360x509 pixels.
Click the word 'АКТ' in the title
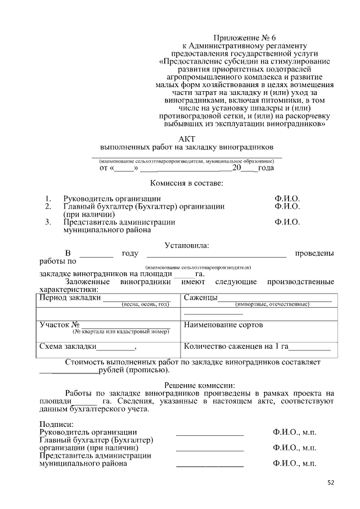coord(187,138)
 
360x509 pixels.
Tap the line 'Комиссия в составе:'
coord(187,183)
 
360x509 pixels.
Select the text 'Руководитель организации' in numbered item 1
coord(112,199)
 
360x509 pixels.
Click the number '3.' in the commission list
coord(48,222)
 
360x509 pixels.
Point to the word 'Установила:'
coord(187,245)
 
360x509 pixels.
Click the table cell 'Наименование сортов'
coord(223,325)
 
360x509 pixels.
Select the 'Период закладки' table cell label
coord(70,298)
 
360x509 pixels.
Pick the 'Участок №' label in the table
coord(59,325)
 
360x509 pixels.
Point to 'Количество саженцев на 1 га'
coord(236,346)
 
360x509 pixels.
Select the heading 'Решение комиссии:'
coord(187,385)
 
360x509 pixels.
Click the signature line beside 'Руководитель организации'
coord(210,435)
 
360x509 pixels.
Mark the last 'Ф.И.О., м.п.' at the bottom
coord(294,464)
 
